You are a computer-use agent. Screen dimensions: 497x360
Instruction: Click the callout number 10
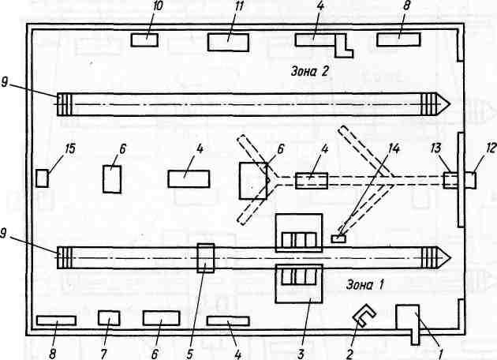point(158,7)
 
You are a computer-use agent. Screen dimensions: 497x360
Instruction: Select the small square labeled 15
point(43,178)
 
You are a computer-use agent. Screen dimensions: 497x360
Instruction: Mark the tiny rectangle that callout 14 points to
point(338,238)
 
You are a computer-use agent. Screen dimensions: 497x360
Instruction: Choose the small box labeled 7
point(109,318)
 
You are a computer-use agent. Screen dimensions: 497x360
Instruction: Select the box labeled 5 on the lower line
point(205,257)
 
